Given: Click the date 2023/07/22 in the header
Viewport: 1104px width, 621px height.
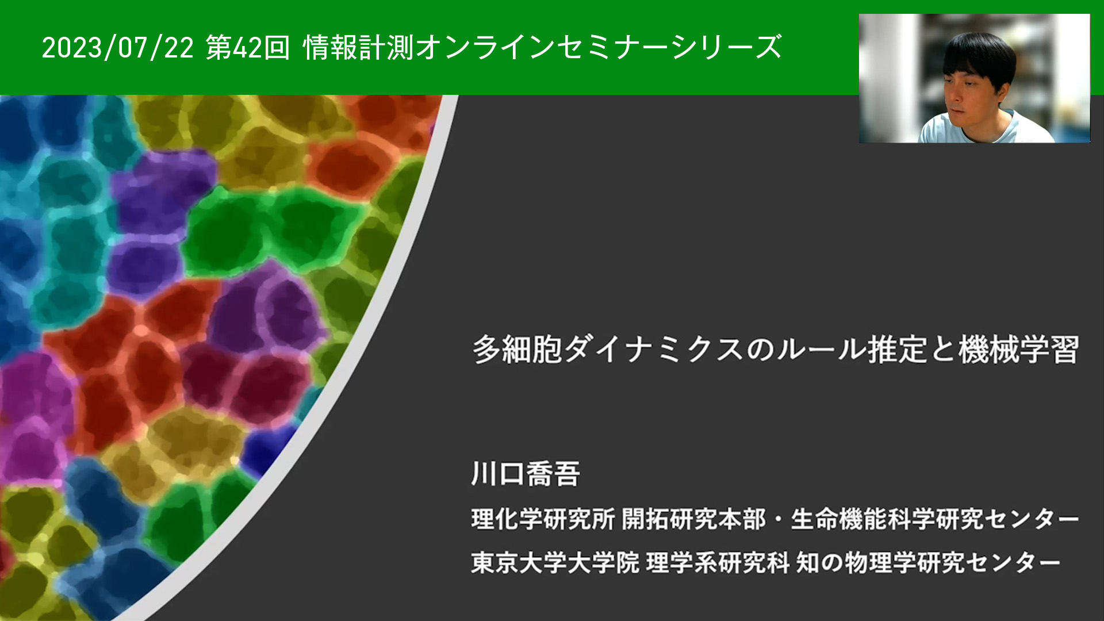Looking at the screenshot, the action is click(118, 47).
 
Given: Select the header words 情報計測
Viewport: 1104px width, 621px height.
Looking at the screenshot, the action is click(358, 47).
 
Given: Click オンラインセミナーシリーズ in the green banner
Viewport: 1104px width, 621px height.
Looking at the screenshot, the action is click(599, 47).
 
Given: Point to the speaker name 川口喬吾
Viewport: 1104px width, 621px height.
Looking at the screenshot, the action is click(526, 474).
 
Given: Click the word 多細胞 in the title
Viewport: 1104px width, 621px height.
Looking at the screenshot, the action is click(517, 349).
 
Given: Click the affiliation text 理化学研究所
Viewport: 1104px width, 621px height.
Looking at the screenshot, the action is click(543, 519).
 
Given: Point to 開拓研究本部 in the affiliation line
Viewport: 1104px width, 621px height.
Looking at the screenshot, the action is click(693, 519).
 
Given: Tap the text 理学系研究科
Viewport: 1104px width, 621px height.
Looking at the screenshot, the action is click(718, 562).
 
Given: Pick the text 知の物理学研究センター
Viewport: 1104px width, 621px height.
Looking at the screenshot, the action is click(928, 562).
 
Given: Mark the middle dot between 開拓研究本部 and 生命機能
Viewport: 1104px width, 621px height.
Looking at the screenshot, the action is click(778, 520).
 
